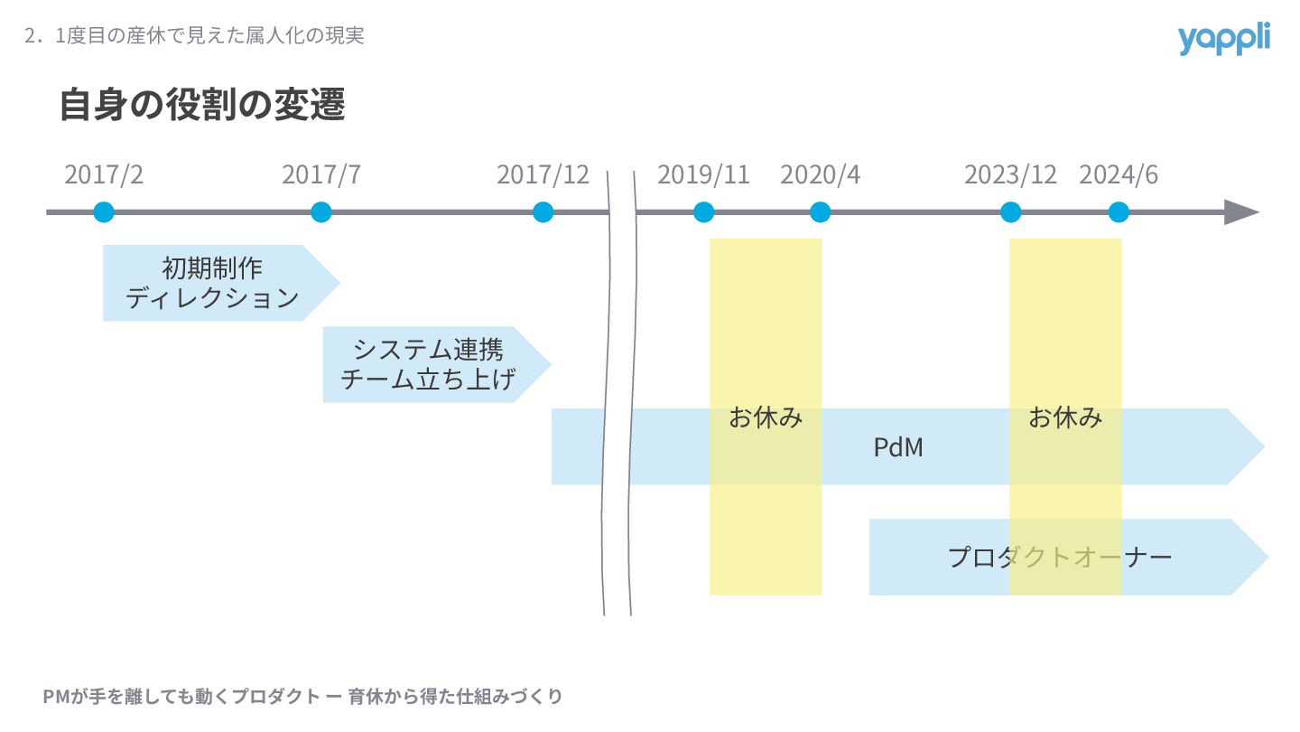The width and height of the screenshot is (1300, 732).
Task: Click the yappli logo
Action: coord(1223,39)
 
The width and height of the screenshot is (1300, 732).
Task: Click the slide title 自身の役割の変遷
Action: coord(202,105)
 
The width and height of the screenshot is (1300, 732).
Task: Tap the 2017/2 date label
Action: coord(104,174)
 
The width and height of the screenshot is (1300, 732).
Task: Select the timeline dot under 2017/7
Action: coord(320,212)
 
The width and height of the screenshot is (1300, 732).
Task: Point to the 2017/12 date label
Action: coord(543,174)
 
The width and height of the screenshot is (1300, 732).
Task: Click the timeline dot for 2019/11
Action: coord(704,212)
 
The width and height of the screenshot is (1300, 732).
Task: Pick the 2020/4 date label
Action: coord(820,174)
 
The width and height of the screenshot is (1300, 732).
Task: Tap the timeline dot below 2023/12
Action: coord(1011,212)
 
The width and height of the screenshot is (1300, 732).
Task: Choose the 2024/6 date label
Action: coord(1118,174)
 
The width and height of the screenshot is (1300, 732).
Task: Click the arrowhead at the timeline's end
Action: coord(1242,212)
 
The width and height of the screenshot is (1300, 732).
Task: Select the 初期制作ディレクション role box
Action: coord(213,283)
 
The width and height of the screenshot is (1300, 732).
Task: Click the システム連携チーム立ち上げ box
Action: coord(429,364)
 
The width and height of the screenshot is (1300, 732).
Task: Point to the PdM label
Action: coord(898,446)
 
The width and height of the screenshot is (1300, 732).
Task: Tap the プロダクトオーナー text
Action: coord(1059,557)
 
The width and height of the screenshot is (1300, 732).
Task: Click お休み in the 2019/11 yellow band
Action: coord(766,418)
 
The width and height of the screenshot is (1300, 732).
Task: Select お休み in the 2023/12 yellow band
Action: coord(1065,418)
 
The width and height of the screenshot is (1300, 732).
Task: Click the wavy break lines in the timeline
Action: coord(619,389)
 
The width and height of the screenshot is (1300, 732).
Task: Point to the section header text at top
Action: coord(194,36)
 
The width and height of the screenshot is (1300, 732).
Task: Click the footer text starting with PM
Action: coord(302,697)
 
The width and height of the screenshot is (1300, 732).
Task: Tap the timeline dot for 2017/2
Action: coord(104,212)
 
